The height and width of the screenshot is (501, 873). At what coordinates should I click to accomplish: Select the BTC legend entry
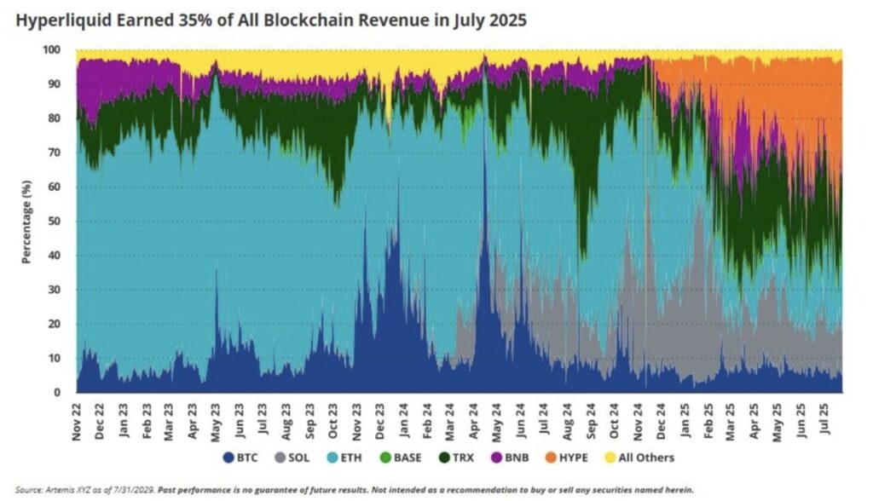[x=240, y=458]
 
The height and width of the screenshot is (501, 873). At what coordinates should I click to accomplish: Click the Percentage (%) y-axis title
[x=27, y=222]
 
